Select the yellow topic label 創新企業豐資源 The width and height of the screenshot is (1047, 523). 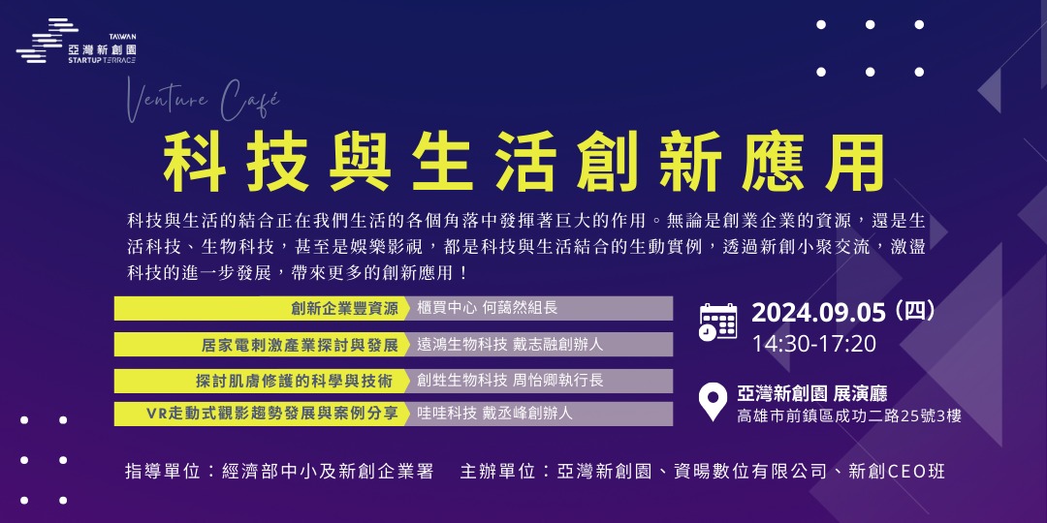344,309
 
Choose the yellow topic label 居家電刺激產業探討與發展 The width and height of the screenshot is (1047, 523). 300,345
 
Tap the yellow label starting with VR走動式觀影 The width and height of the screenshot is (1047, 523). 272,414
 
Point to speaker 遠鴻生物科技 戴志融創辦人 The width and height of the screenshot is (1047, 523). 510,345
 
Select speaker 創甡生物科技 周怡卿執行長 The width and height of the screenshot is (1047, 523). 510,381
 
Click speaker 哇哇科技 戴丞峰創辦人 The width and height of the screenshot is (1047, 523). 494,414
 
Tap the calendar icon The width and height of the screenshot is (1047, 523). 718,322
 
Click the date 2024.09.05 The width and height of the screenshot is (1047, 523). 819,313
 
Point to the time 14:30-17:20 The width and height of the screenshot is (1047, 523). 813,344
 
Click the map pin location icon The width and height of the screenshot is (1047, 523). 714,402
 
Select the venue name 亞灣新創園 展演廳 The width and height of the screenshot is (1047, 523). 811,393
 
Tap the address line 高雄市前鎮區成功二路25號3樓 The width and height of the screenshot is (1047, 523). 849,416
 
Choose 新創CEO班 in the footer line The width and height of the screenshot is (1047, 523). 897,472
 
